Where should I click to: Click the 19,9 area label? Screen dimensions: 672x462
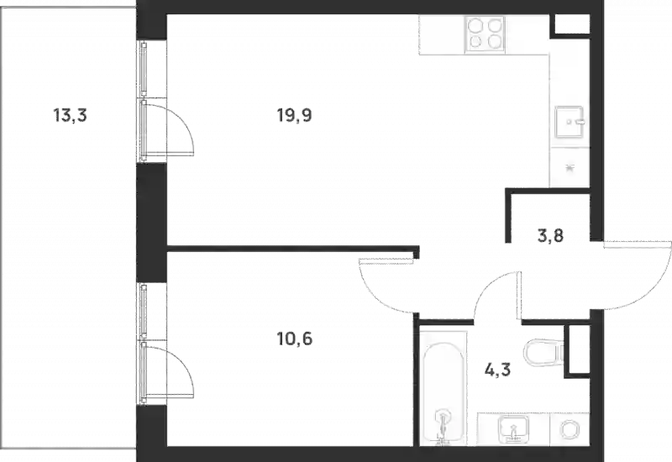point(295,115)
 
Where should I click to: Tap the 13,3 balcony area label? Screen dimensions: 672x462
point(70,115)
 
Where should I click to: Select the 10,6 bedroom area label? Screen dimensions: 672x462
point(295,339)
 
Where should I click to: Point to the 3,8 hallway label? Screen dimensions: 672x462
point(550,236)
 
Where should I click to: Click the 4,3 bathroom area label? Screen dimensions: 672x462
point(497,369)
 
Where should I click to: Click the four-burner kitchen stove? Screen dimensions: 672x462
point(485,34)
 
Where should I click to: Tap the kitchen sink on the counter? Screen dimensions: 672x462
point(570,122)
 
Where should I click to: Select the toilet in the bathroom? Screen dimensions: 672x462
point(543,353)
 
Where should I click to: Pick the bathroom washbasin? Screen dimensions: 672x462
point(513,429)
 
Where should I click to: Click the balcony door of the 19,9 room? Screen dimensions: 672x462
point(167,128)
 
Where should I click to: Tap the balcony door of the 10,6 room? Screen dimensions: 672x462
point(167,371)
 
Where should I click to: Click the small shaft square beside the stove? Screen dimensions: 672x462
point(572,24)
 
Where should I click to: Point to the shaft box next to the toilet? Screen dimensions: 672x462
point(577,351)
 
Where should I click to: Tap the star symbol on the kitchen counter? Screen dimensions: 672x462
point(570,168)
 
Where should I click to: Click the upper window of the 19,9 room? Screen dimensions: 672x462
point(144,69)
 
